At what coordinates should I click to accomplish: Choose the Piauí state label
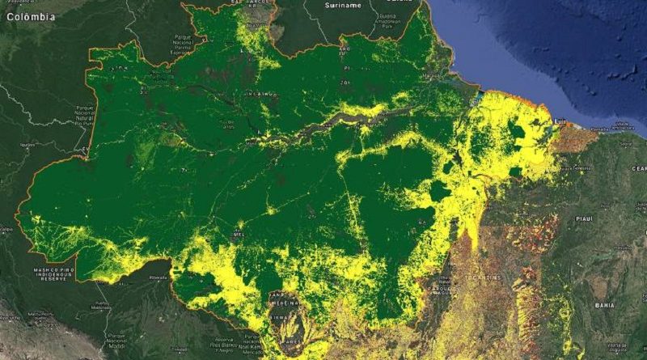[584, 218]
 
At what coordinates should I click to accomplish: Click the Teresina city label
[581, 167]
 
